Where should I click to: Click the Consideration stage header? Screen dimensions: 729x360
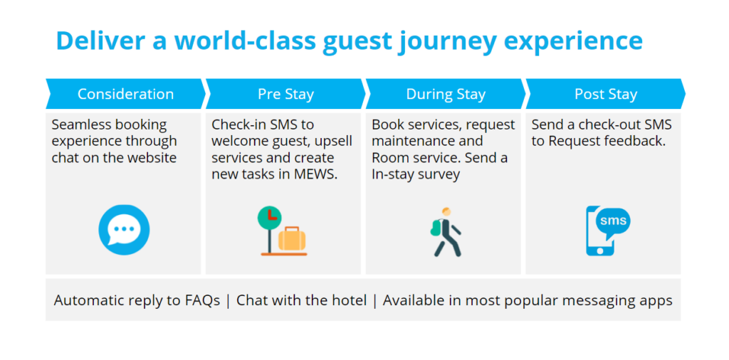click(x=125, y=95)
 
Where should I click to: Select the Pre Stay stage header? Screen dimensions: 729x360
click(x=285, y=95)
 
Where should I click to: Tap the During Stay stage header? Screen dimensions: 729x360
click(x=446, y=95)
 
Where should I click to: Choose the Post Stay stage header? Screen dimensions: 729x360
click(x=605, y=95)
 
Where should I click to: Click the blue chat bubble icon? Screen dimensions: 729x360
click(x=124, y=230)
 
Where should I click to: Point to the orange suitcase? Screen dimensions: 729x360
click(x=292, y=239)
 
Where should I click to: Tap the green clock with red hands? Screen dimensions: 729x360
click(x=270, y=218)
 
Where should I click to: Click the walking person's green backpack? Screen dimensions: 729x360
click(x=436, y=228)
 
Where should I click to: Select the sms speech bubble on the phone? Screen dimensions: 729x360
click(x=613, y=221)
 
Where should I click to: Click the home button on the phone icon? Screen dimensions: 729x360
click(x=599, y=250)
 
